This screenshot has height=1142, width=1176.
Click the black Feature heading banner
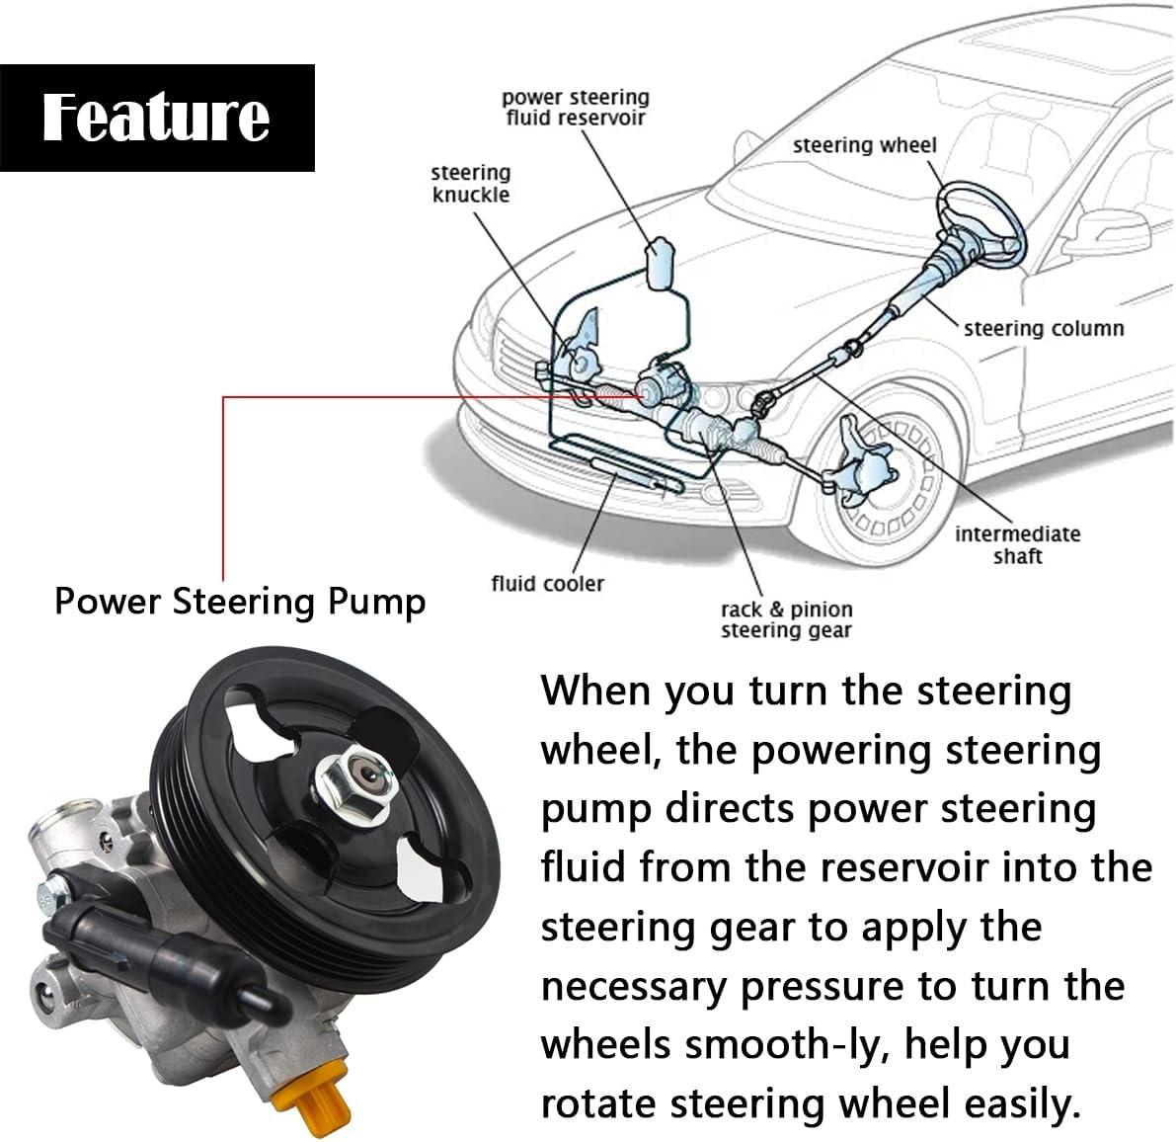(157, 118)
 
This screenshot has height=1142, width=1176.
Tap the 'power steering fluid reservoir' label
(575, 108)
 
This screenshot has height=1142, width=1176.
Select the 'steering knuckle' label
(471, 184)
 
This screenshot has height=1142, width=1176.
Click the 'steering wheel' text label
(864, 145)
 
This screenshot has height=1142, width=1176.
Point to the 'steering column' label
(1044, 328)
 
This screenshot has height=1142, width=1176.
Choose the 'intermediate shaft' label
(1017, 544)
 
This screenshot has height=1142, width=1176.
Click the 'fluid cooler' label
(547, 583)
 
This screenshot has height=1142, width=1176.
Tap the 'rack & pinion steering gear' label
(786, 619)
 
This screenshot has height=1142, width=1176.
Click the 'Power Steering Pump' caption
(240, 601)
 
